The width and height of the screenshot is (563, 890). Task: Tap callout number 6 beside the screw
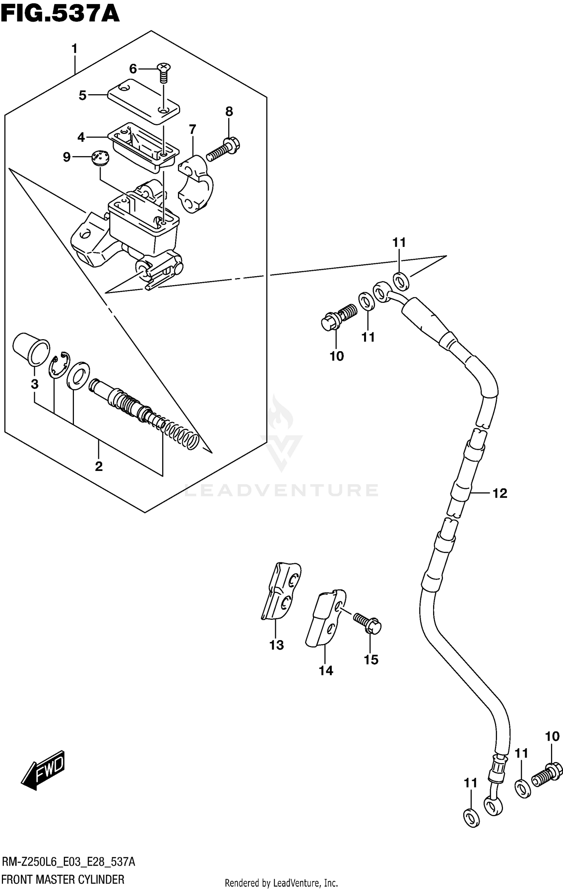tap(133, 69)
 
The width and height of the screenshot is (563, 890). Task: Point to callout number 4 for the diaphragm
tap(81, 137)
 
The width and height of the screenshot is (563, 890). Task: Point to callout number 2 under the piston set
tap(99, 466)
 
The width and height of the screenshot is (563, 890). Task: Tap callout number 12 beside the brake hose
tap(500, 493)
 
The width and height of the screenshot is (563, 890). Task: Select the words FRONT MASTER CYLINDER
tap(63, 879)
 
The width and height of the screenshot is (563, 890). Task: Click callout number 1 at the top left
tap(74, 49)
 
